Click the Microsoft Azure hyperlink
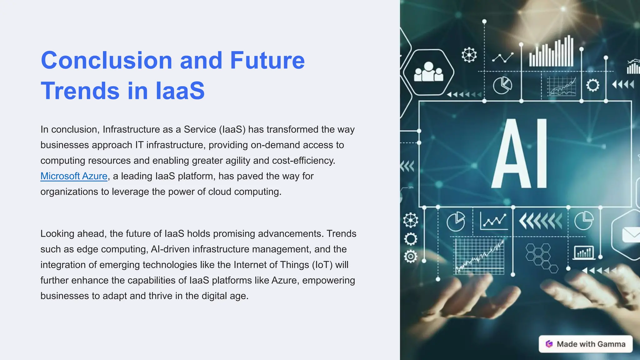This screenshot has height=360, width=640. coord(74,176)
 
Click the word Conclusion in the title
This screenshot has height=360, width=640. coord(106,60)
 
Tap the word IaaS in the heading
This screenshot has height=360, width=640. coord(180,91)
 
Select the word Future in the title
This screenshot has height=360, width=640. coord(267,60)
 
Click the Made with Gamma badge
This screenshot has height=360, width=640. coord(586,344)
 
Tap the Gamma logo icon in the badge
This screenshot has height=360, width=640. coord(549,344)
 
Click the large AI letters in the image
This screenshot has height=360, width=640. coord(520,154)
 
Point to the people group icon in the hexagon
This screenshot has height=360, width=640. coord(428,72)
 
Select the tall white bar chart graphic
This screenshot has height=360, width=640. coord(551,52)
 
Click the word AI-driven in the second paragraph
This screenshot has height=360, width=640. coord(170,249)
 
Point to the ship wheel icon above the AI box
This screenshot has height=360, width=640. coord(469,55)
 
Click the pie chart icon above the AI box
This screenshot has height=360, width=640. coord(502,85)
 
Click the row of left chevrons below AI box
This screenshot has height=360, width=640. coord(540,221)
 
